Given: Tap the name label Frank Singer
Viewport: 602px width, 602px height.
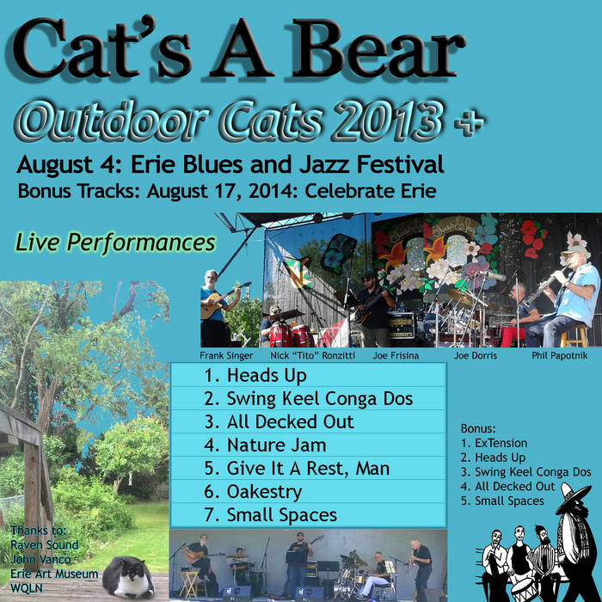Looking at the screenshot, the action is tap(226, 356).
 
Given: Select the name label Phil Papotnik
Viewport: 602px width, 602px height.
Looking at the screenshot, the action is tap(559, 356).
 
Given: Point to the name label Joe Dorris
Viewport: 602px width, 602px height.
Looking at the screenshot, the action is tap(476, 356).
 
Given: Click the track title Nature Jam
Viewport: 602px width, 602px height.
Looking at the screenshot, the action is tap(276, 445).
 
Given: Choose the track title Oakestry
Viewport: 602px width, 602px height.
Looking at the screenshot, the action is tap(264, 492).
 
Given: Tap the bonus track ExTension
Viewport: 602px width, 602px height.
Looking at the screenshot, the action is tap(501, 443).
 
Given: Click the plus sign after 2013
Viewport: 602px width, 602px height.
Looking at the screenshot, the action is tap(469, 122).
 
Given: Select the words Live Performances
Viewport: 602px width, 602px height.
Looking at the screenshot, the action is tap(115, 243).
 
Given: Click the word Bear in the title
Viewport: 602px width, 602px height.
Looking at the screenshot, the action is tap(378, 48).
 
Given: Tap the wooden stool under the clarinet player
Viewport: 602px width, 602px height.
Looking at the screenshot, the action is tap(574, 335).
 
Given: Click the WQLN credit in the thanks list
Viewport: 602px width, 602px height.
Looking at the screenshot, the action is tap(27, 588).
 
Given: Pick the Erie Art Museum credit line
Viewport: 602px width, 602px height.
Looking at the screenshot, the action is tap(54, 574).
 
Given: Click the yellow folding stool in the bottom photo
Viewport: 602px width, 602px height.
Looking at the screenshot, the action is tap(189, 584).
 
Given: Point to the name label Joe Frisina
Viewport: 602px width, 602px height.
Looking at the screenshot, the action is tap(396, 356).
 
